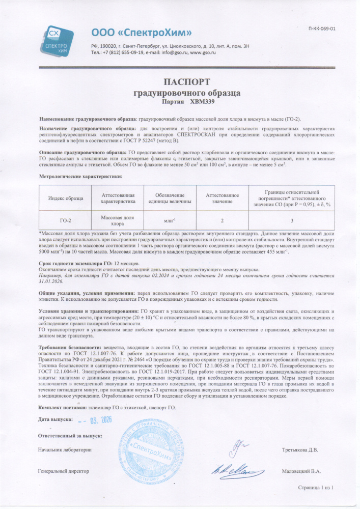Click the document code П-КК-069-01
coord(322,29)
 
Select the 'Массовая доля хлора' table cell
coord(118,220)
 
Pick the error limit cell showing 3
coord(292,220)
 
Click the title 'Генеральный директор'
coord(64,471)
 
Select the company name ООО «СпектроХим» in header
coord(141,33)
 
